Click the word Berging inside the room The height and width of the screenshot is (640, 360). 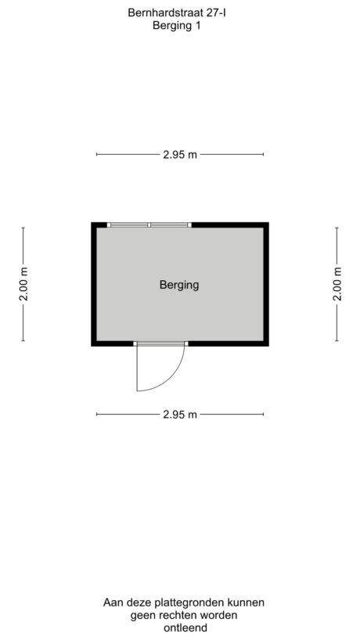tap(179, 285)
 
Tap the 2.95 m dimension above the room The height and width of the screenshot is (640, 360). tap(180, 154)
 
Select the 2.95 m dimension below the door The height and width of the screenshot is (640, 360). tap(180, 415)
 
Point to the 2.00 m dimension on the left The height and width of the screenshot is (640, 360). tap(23, 284)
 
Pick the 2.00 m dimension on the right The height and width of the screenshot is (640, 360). tap(337, 284)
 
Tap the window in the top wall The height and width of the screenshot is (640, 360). tap(149, 225)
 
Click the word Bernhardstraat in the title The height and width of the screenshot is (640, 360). tap(165, 13)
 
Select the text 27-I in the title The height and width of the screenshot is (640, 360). tap(216, 13)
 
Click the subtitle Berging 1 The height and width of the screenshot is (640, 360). tap(177, 25)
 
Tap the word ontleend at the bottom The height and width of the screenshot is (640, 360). tap(185, 627)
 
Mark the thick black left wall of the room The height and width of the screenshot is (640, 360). tap(93, 284)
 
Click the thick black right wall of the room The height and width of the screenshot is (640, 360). tap(266, 284)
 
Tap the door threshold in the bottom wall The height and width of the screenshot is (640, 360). tap(160, 343)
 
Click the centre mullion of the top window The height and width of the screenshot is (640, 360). tap(149, 225)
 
